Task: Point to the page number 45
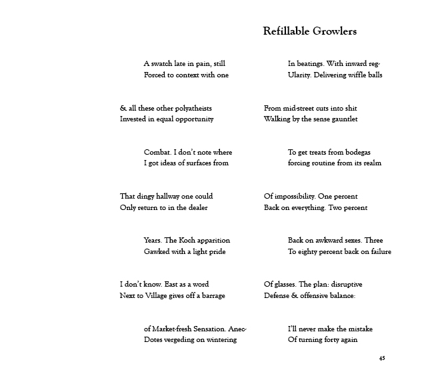(381, 358)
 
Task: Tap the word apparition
(216, 240)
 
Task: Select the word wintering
(219, 339)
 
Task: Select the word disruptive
(345, 284)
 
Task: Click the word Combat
(157, 152)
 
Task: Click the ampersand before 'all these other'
(123, 108)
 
